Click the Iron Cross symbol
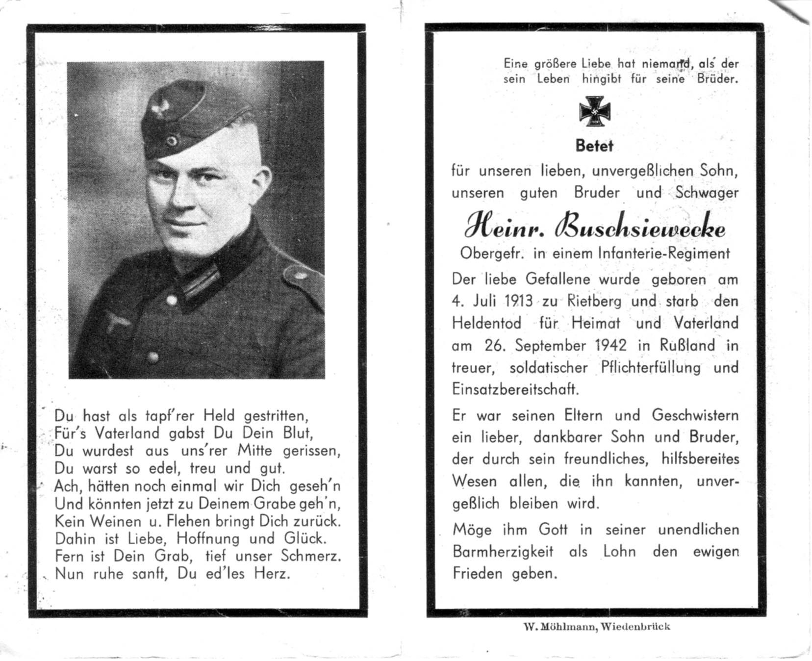coord(594,112)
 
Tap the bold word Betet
coord(594,146)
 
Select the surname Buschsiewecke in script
coord(640,229)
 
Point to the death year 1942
coord(610,345)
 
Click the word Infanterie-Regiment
coord(664,253)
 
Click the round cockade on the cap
coord(172,141)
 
